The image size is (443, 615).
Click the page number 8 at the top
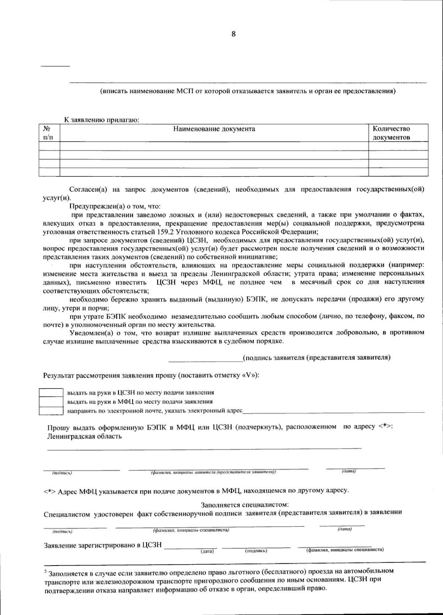click(233, 34)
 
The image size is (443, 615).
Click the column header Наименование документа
click(214, 129)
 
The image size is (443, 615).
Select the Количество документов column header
click(391, 133)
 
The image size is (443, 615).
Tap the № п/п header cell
click(47, 133)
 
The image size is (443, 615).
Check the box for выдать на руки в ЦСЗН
click(51, 393)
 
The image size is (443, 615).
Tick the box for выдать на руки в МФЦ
click(51, 401)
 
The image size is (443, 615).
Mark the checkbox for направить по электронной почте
click(51, 411)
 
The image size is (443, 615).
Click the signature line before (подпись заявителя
click(205, 361)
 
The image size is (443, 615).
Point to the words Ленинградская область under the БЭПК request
click(84, 436)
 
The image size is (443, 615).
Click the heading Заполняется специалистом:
click(244, 504)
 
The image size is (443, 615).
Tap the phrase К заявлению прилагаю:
click(102, 120)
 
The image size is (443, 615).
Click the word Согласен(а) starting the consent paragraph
click(88, 190)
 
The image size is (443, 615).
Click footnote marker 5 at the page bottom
click(45, 571)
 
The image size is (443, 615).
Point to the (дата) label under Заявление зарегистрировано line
click(207, 551)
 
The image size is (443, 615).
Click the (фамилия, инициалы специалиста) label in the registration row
click(345, 550)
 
